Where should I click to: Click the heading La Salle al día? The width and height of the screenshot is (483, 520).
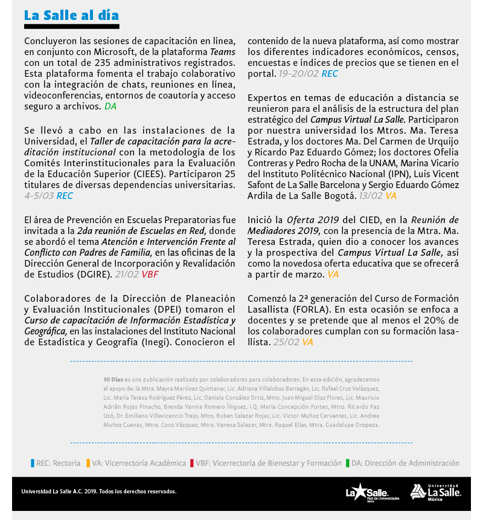coord(71,15)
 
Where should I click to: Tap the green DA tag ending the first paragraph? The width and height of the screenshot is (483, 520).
coord(110,106)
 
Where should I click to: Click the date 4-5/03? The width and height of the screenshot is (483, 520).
coord(39,196)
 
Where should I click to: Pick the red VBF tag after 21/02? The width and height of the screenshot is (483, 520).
coord(150,274)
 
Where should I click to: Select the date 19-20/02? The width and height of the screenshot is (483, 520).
coord(298,74)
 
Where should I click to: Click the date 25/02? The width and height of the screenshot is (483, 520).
coord(286,342)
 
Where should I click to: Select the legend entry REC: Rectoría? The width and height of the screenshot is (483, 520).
coord(56,463)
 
